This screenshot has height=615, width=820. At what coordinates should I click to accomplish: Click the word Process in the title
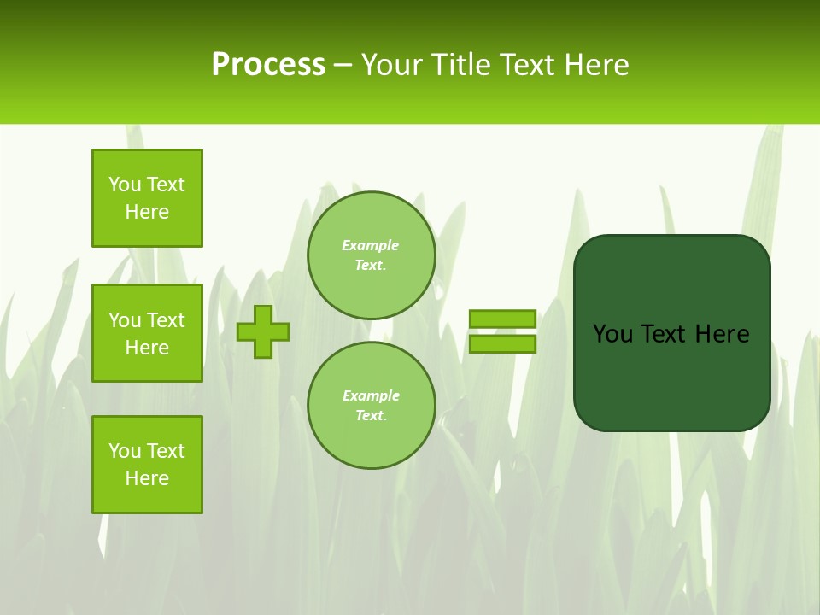[268, 65]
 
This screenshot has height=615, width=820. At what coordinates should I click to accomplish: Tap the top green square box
[147, 198]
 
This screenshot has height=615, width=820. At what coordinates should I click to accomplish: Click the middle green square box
[147, 333]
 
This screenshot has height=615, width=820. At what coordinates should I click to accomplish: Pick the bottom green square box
[147, 465]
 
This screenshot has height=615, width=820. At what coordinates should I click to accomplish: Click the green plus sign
[263, 331]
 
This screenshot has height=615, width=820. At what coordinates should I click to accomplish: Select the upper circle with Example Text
[371, 255]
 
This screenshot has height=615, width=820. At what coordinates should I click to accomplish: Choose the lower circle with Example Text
[371, 406]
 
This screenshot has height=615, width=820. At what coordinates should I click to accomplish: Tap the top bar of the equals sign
[502, 319]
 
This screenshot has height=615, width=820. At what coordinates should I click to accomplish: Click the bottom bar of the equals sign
[502, 344]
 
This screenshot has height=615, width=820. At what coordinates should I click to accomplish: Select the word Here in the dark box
[722, 334]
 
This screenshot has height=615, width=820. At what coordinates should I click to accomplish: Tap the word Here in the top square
[147, 212]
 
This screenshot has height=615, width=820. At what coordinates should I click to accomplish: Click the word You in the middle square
[124, 320]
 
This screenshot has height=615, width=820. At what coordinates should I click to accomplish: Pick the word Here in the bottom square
[147, 478]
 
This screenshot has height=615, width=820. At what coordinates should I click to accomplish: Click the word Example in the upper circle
[370, 245]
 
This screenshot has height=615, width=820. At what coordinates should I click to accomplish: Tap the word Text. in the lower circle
[371, 416]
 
